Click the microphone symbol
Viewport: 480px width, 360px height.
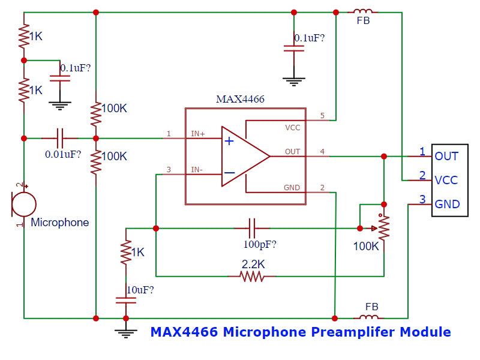click(23, 204)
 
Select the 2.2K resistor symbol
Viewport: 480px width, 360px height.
click(252, 276)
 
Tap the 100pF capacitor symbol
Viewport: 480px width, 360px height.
click(253, 228)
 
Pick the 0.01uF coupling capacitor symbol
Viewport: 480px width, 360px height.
click(60, 138)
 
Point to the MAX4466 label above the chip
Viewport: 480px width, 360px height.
click(240, 99)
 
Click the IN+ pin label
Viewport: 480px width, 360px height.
click(197, 134)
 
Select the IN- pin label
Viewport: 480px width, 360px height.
click(197, 170)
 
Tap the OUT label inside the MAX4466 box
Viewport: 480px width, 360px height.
click(292, 152)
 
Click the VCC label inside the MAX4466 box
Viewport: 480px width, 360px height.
click(292, 128)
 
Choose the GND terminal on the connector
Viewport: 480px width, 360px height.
click(447, 204)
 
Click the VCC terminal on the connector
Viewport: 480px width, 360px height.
click(446, 180)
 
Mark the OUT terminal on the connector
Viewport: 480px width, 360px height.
click(446, 156)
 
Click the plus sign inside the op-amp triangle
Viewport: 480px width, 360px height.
click(229, 141)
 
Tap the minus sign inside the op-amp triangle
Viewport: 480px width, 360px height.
click(229, 173)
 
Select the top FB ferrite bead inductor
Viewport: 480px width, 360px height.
click(362, 11)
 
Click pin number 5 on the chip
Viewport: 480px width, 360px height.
click(322, 115)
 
